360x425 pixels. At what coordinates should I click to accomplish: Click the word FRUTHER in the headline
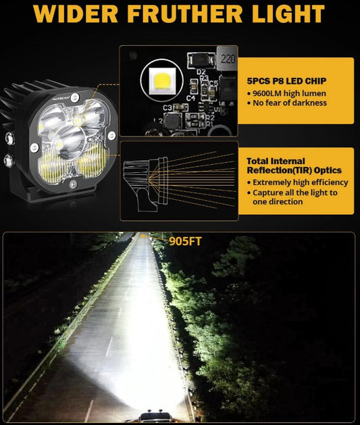pyautogui.click(x=185, y=14)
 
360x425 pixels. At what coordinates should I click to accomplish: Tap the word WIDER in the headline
pyautogui.click(x=76, y=14)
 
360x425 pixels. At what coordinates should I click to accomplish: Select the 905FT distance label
pyautogui.click(x=185, y=241)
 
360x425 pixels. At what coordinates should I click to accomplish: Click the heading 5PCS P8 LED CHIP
pyautogui.click(x=286, y=81)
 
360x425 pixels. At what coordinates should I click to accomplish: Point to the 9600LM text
pyautogui.click(x=266, y=93)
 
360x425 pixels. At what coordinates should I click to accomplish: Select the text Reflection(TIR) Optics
pyautogui.click(x=294, y=170)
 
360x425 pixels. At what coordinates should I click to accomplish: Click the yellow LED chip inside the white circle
pyautogui.click(x=162, y=81)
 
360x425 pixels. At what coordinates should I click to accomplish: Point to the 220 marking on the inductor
pyautogui.click(x=228, y=58)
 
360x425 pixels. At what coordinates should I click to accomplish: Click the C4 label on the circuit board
pyautogui.click(x=190, y=98)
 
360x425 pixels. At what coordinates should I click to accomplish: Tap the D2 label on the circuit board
pyautogui.click(x=201, y=72)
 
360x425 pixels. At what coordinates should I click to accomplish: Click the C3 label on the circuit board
pyautogui.click(x=168, y=108)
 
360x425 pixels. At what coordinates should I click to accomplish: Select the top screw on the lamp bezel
pyautogui.click(x=75, y=97)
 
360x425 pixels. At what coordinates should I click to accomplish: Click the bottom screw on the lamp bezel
pyautogui.click(x=73, y=184)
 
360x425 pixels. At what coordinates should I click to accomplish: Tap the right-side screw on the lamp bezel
pyautogui.click(x=111, y=136)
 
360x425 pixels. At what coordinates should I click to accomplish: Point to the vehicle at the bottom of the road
pyautogui.click(x=154, y=418)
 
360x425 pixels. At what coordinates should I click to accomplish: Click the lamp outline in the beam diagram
pyautogui.click(x=145, y=182)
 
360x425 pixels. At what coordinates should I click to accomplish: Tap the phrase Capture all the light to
pyautogui.click(x=295, y=193)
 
